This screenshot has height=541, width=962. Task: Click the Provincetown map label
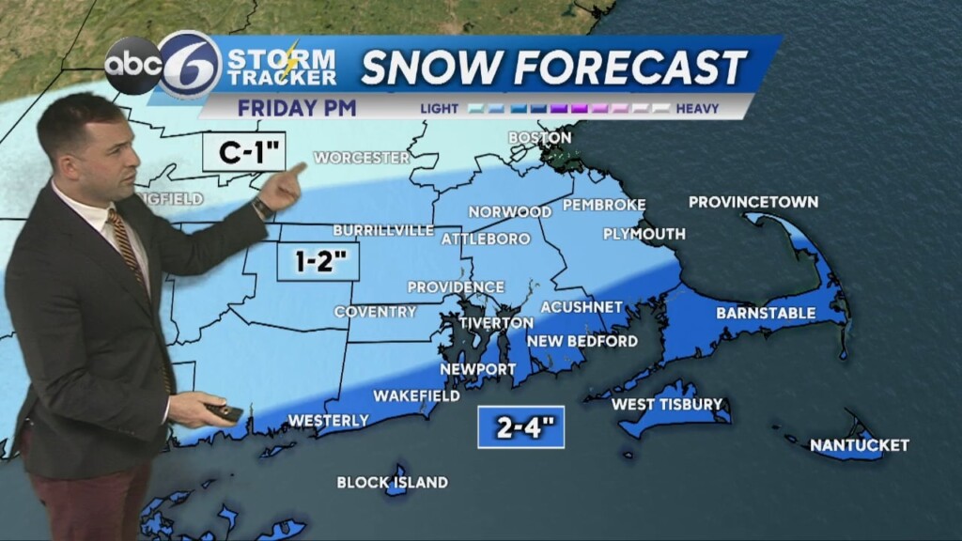click(x=753, y=202)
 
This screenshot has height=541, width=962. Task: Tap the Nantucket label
click(x=859, y=444)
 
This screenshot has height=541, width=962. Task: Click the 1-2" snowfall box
click(x=318, y=261)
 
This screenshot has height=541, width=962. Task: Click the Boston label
click(x=539, y=138)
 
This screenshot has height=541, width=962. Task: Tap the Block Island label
click(x=392, y=483)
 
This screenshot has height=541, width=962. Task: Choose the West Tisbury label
click(x=666, y=405)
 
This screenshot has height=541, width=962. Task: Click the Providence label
click(x=456, y=286)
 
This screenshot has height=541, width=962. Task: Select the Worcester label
click(x=362, y=158)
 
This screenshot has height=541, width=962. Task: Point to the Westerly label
click(x=328, y=421)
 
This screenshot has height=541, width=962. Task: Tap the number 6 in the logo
click(x=189, y=65)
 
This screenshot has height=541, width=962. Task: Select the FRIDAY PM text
click(x=296, y=108)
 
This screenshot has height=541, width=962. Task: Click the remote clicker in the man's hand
click(x=225, y=412)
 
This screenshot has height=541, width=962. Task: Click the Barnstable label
click(x=766, y=313)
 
